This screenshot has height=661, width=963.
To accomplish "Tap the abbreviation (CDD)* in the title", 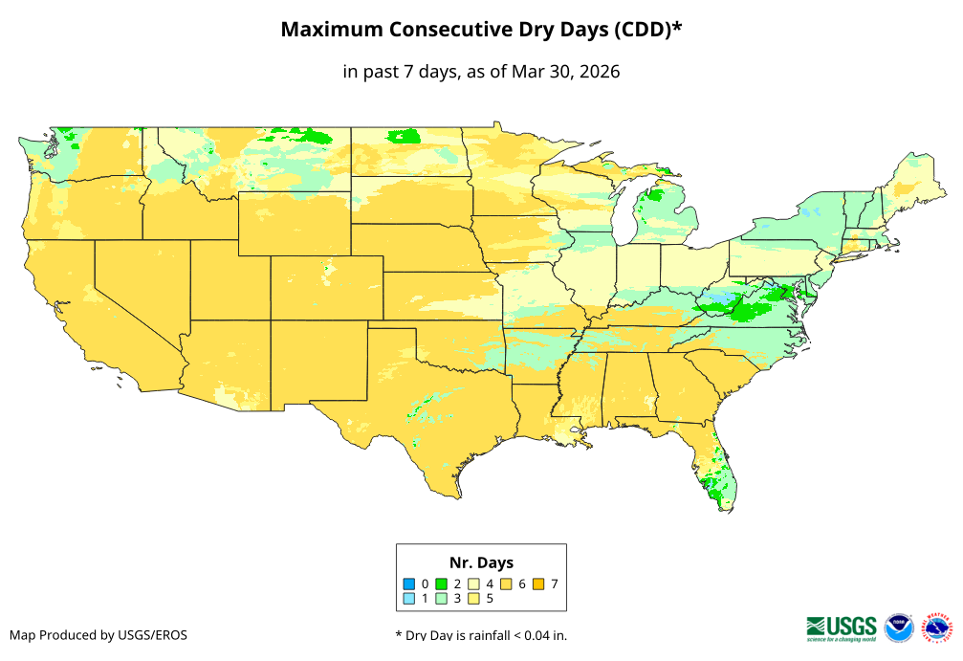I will [x=647, y=30].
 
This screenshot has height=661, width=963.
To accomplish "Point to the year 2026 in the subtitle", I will [x=599, y=72].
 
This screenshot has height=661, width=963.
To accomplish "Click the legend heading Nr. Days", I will [x=481, y=562].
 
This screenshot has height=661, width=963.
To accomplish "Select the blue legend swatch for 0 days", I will [x=409, y=584].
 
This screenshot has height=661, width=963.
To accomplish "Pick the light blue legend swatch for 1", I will [x=409, y=599].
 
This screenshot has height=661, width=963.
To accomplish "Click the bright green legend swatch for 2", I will [x=442, y=584].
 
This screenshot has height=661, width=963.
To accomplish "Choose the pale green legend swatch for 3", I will [x=442, y=599].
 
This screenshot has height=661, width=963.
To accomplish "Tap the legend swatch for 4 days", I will [x=474, y=584].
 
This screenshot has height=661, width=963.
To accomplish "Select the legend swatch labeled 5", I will [x=474, y=599].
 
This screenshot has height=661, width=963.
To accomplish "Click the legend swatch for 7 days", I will [x=539, y=584].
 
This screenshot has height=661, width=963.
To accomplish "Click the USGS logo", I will [x=842, y=628].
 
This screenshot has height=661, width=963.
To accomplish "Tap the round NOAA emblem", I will [x=899, y=628].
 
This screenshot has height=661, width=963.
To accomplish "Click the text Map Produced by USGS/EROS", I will [x=98, y=635].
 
